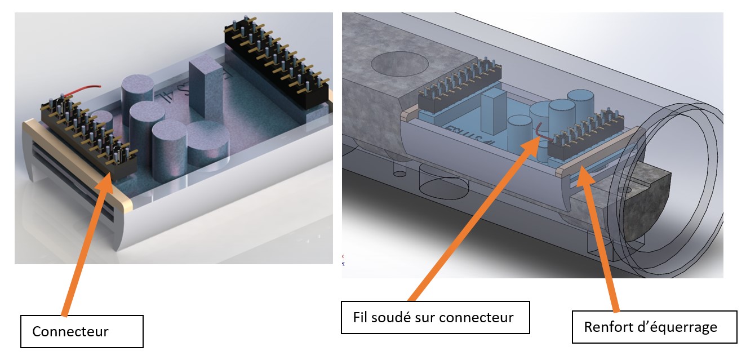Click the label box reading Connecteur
82,331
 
